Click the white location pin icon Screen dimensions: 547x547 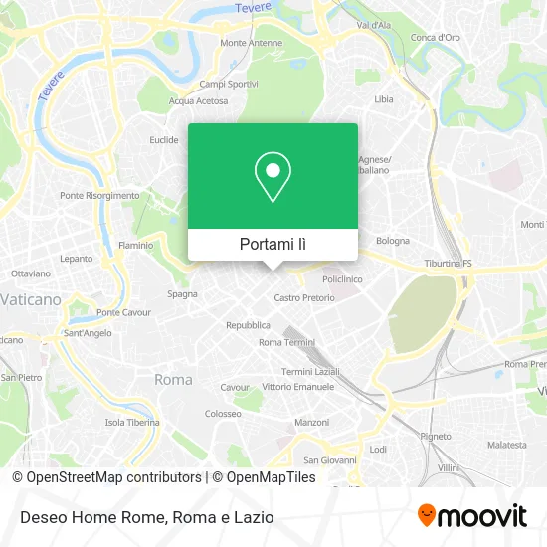tap(273, 177)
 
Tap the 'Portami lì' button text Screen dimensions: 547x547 tap(273, 244)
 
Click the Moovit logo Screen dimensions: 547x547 tap(471, 515)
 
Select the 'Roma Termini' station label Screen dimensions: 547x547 tap(286, 342)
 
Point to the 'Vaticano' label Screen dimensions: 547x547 tap(31, 298)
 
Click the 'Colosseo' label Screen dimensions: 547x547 tap(222, 413)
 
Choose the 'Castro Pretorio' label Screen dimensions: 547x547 tap(304, 297)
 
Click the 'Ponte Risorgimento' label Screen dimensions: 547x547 tap(99, 196)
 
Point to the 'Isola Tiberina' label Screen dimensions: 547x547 tap(132, 422)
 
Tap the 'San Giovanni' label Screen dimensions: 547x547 tap(324, 459)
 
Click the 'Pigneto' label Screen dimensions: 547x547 tap(436, 436)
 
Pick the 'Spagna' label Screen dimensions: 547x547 tap(182, 294)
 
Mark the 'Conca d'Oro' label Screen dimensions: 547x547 tap(436, 38)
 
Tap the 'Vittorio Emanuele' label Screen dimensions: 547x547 tap(297, 386)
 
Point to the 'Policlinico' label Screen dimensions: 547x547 tap(341, 280)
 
